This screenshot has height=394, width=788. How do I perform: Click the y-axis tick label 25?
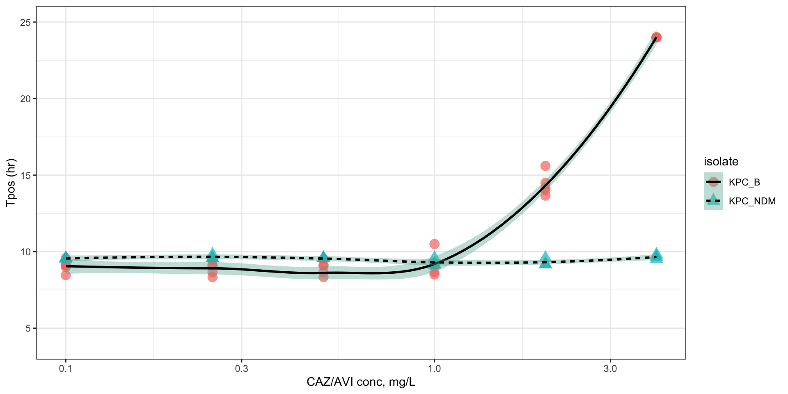point(25,22)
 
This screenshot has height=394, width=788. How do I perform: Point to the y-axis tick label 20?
point(25,99)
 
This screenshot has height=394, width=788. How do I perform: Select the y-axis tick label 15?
point(25,175)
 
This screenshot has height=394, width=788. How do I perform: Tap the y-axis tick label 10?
point(25,252)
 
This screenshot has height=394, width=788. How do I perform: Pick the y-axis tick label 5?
point(28,328)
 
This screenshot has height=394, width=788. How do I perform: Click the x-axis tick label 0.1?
point(66,369)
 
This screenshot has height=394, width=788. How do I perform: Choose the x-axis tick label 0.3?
point(241,369)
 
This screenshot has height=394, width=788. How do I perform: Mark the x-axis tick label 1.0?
point(434,369)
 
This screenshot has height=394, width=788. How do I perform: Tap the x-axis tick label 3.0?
point(610,369)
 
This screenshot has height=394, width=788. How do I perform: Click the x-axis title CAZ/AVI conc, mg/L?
point(361,383)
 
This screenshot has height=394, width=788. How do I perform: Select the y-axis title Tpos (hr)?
point(11,183)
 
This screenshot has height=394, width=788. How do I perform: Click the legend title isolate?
point(721,162)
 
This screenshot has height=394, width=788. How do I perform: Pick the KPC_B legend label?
point(744,182)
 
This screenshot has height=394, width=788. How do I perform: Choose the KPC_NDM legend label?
point(752,201)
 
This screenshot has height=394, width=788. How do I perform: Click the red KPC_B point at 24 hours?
point(656,37)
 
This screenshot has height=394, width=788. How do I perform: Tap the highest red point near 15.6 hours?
point(545,166)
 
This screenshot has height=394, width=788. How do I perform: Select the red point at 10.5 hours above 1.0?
point(434,244)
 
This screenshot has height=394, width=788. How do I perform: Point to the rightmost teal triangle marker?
point(656,256)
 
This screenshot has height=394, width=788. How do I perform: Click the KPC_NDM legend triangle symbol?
point(713,200)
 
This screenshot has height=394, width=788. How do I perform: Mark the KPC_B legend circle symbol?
point(713,182)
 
